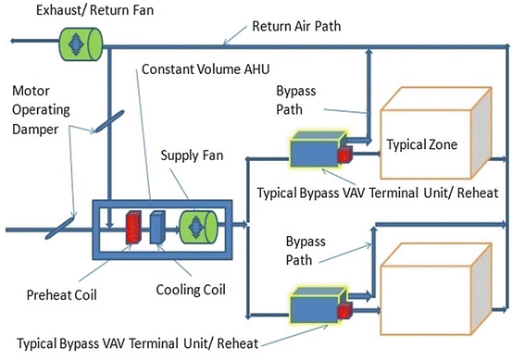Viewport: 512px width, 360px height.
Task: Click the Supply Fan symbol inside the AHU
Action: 196,226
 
